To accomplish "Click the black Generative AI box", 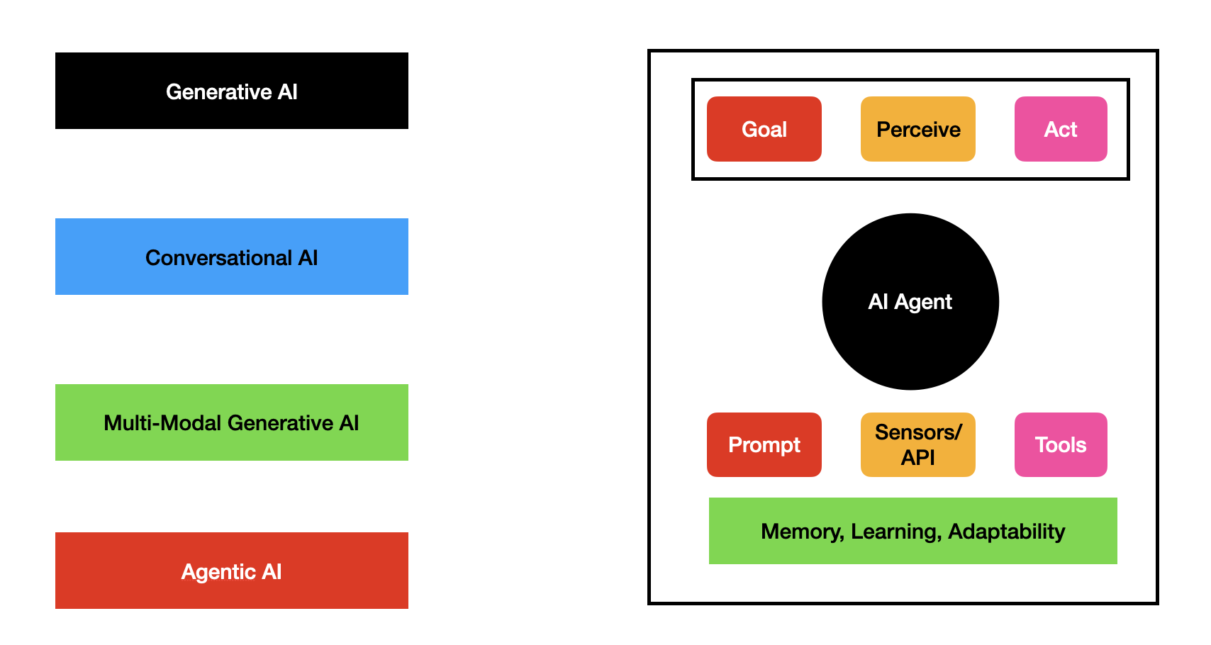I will [232, 91].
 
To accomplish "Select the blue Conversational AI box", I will [232, 257].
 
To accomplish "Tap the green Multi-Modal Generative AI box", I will [232, 422].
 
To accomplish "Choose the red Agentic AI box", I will [232, 571].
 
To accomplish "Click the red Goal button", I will [764, 129].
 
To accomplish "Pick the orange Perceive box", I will [918, 129].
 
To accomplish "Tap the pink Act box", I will [1061, 129].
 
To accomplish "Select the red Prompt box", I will [764, 444].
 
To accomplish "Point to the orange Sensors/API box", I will [918, 444].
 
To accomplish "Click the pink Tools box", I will [1061, 444].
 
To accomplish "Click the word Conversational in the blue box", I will [218, 257].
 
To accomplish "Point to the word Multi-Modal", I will [162, 423].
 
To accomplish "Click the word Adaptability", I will [1007, 532].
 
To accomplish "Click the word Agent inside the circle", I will [923, 302].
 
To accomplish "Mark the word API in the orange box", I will [918, 458].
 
